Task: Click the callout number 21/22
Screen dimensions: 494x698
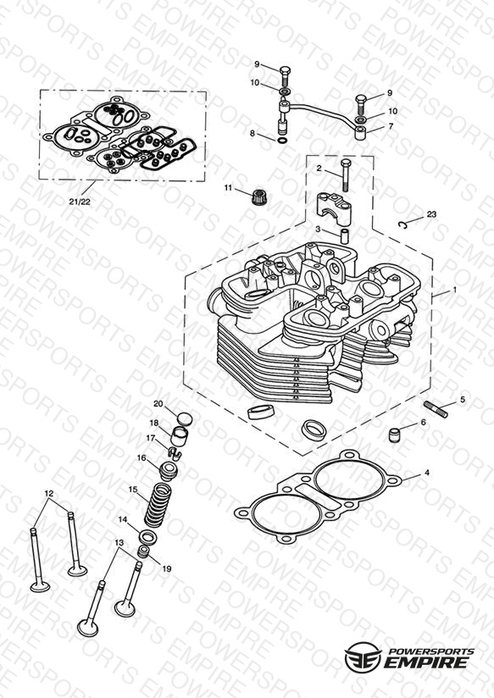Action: [80, 202]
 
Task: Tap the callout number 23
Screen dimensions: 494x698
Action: [431, 214]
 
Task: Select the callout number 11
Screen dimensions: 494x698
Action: [229, 188]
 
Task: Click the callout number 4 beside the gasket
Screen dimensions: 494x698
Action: [427, 473]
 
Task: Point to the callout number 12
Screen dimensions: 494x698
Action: [49, 493]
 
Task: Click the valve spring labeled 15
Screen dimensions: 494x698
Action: [158, 505]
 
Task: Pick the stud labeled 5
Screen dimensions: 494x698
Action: [436, 409]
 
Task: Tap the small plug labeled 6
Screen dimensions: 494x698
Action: [395, 435]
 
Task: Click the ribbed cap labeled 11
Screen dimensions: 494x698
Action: [259, 197]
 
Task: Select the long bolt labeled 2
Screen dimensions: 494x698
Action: [345, 175]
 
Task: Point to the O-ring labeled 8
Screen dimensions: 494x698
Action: [282, 141]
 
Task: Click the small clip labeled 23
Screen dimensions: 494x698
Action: [403, 224]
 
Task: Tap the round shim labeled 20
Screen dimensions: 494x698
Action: [185, 419]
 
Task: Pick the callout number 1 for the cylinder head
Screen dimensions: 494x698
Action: [454, 290]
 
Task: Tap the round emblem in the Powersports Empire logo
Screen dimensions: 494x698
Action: [363, 656]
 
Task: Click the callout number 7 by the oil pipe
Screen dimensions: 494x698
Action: [391, 126]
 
